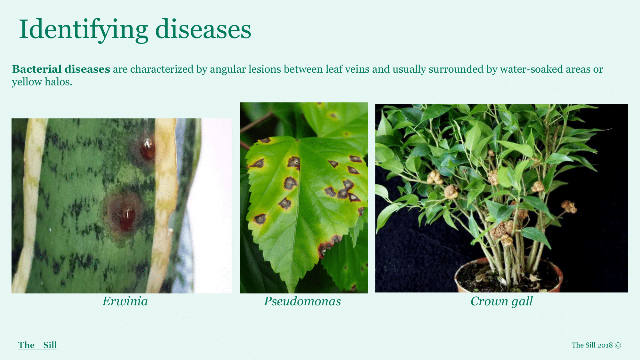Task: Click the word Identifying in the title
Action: point(83,30)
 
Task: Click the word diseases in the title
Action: point(203,29)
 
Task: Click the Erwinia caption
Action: point(125,301)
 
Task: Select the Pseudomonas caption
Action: point(302,301)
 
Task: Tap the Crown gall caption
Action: point(501,301)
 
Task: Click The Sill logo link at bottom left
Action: point(37,345)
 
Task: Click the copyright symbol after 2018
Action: point(618,345)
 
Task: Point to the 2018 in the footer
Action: point(605,345)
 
